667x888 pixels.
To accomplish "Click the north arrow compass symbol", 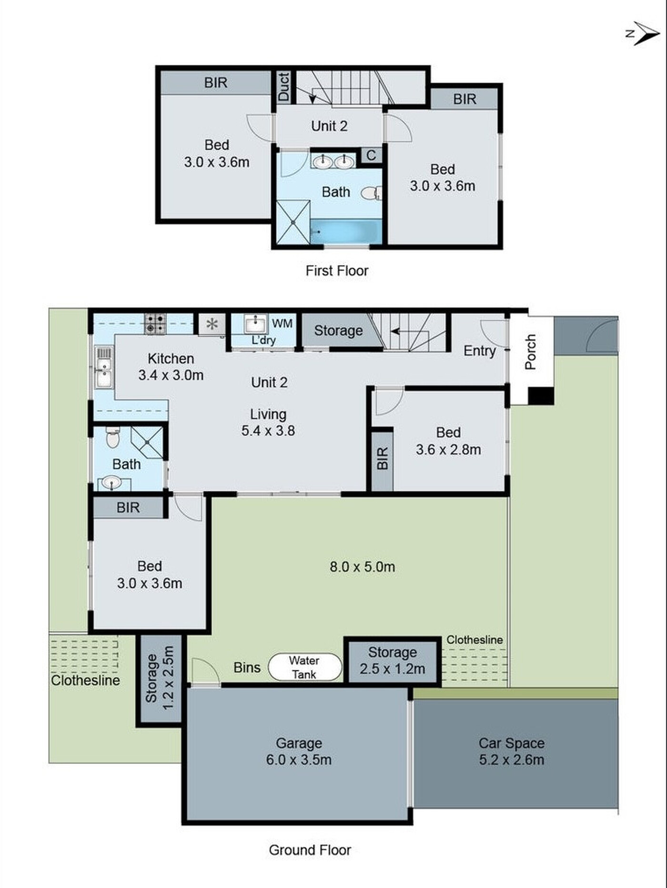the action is [x=643, y=34].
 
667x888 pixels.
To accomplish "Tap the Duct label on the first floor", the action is [x=283, y=87].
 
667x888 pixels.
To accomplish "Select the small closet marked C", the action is [x=371, y=155].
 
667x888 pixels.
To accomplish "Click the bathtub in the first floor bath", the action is [x=346, y=232].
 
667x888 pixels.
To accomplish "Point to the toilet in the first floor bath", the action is [x=372, y=193].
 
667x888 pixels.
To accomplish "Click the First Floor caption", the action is [x=337, y=271].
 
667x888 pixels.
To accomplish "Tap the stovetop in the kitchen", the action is [x=155, y=323].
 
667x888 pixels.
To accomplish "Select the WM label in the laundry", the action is [x=282, y=323].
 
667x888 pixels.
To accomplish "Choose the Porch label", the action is [x=530, y=352].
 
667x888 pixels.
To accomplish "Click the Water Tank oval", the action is [x=305, y=667].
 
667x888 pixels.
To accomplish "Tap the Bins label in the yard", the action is [x=247, y=667].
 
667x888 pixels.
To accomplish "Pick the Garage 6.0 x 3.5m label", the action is [x=299, y=751].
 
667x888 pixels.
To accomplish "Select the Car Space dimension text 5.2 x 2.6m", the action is [x=512, y=759].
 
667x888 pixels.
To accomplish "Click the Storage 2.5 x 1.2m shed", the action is [x=392, y=661].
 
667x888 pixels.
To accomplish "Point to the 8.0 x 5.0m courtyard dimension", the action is [x=363, y=566].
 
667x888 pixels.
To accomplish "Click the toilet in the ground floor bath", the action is [x=112, y=438].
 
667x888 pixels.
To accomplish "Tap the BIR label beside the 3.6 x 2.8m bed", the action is [x=382, y=458].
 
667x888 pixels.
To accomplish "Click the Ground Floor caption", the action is [x=310, y=850].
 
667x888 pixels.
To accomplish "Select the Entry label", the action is [x=480, y=351].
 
